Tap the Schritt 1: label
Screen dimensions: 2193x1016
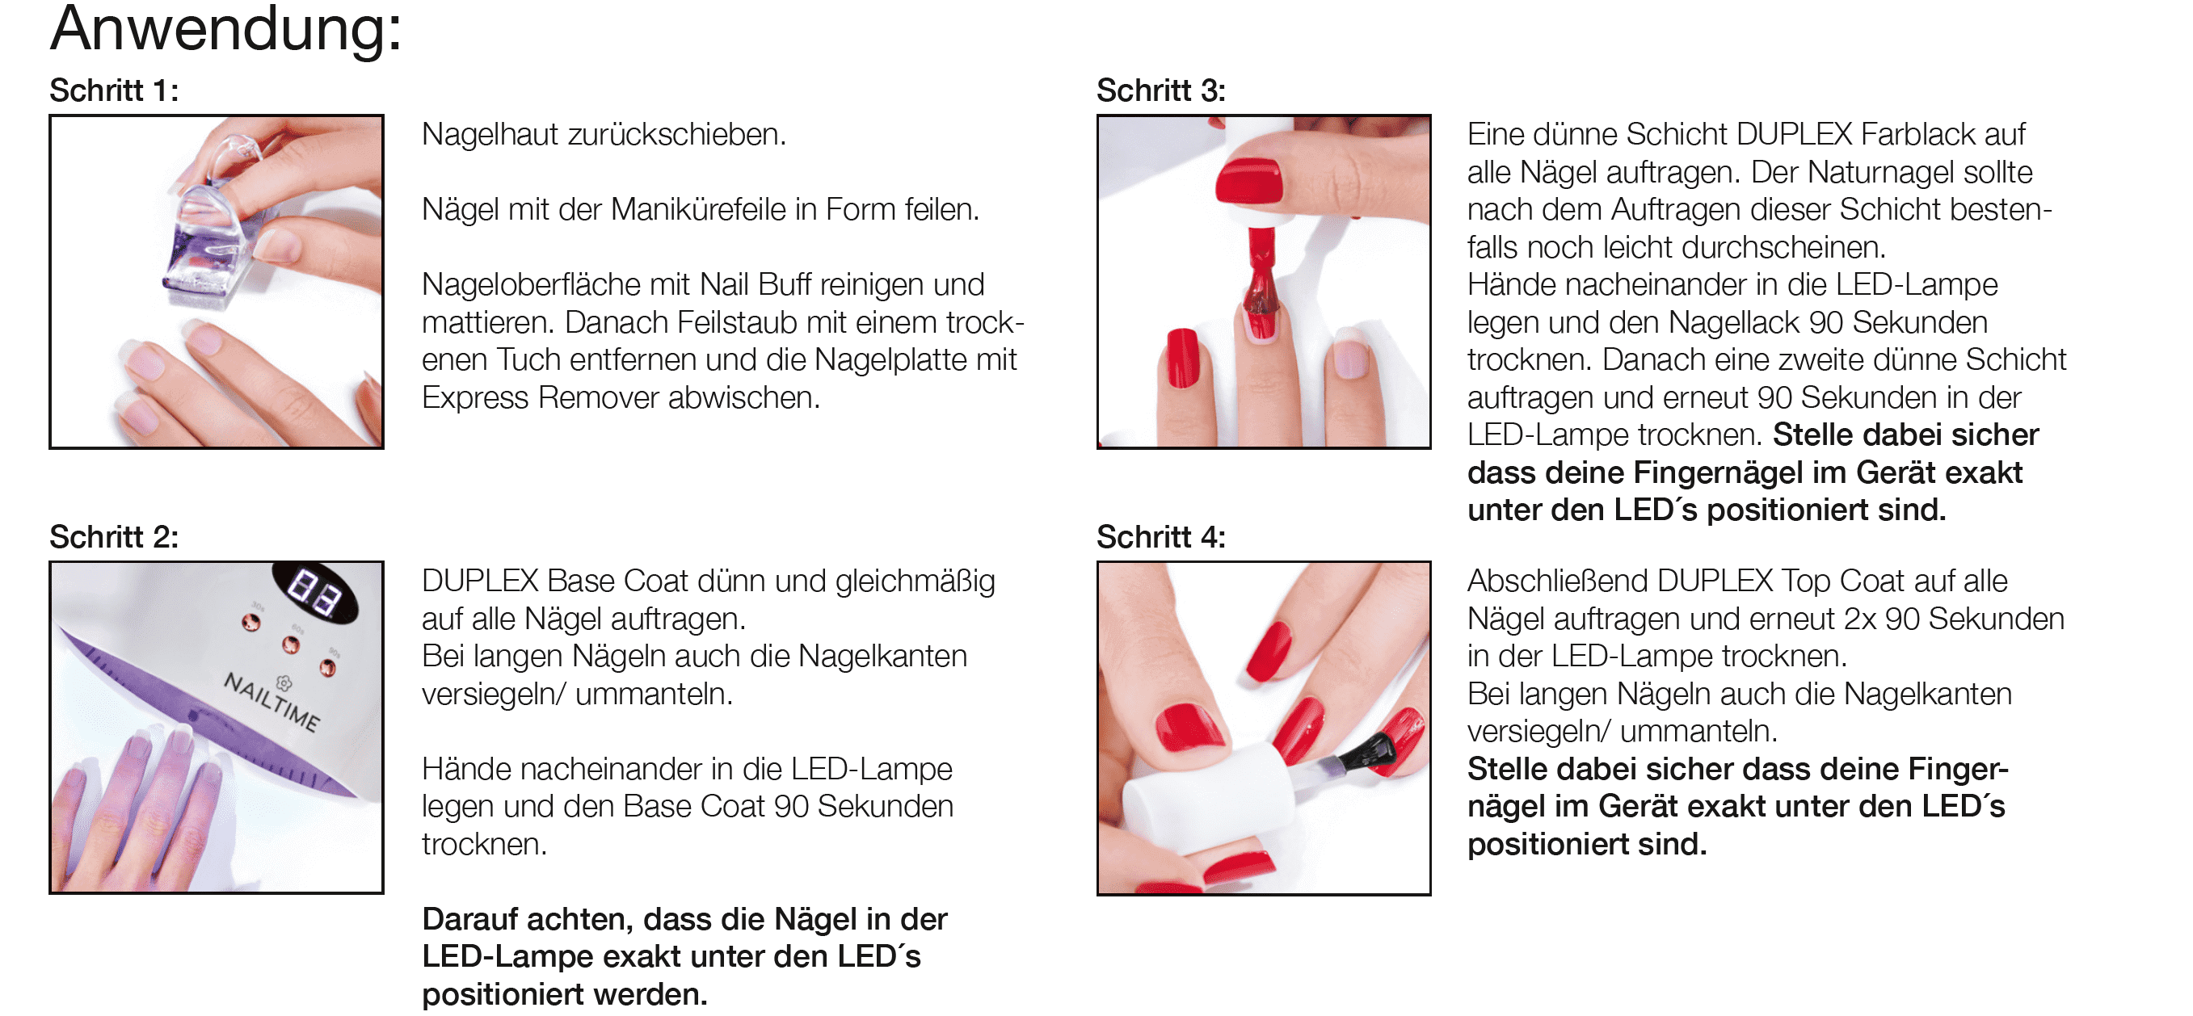pyautogui.click(x=114, y=90)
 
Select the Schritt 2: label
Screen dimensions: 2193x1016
pyautogui.click(x=114, y=537)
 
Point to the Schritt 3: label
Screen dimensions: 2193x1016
pyautogui.click(x=1161, y=90)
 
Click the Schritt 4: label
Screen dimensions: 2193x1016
pyautogui.click(x=1161, y=537)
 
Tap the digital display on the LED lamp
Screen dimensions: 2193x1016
pyautogui.click(x=314, y=592)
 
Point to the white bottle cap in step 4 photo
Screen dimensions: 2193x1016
pyautogui.click(x=1209, y=787)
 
